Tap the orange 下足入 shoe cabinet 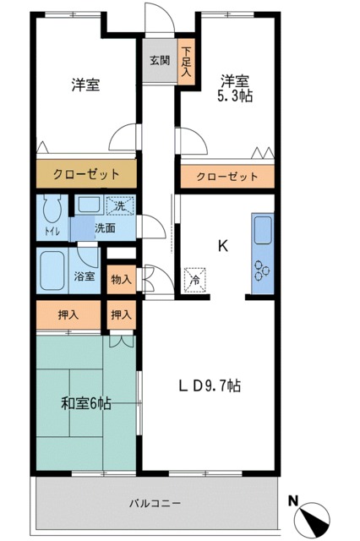(186, 62)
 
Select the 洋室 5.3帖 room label (234, 89)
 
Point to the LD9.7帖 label (210, 385)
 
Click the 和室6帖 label (85, 404)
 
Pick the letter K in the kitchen (223, 246)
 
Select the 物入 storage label (121, 280)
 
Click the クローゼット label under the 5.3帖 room (226, 177)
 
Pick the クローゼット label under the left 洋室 (86, 175)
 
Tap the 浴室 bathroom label (84, 276)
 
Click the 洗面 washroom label (105, 227)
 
